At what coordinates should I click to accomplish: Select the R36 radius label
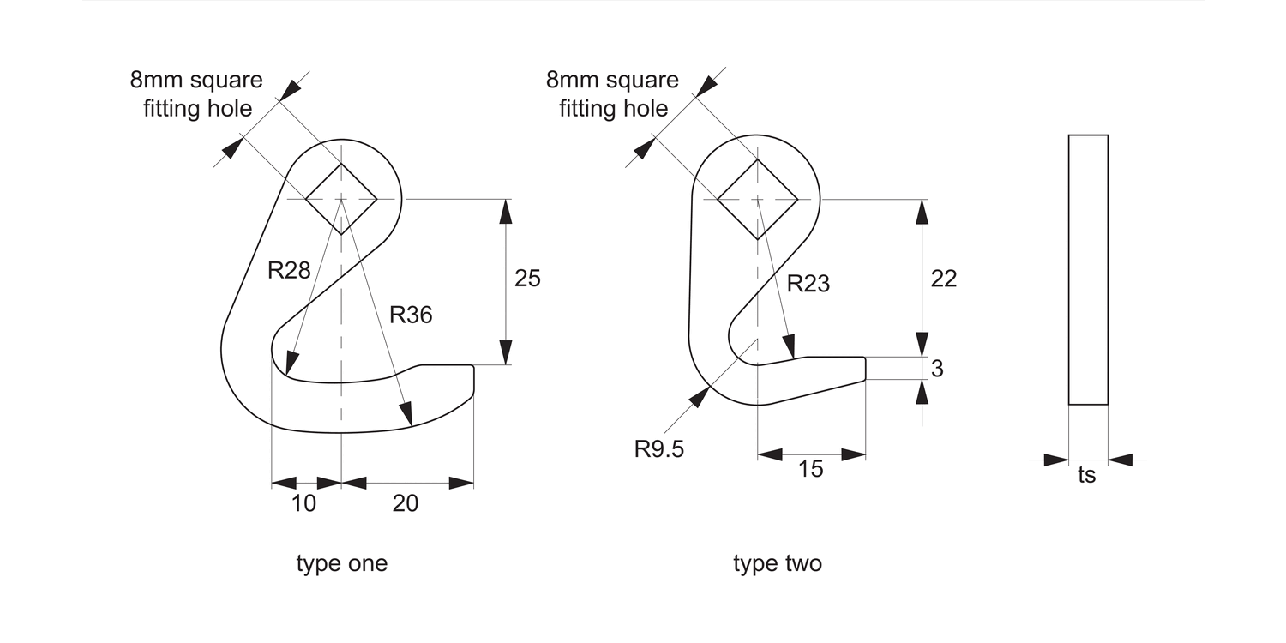click(411, 315)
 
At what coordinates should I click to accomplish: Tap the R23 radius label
click(808, 283)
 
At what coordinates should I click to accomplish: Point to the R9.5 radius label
click(659, 449)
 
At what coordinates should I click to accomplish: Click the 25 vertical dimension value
click(527, 278)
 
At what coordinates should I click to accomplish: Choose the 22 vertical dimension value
click(943, 278)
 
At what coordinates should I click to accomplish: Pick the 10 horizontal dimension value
click(303, 503)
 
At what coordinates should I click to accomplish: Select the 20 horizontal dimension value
click(406, 503)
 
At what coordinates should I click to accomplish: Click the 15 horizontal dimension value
click(810, 469)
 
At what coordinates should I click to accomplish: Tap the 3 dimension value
click(937, 369)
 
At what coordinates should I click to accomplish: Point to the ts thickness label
click(1086, 475)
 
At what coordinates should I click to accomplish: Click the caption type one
click(342, 563)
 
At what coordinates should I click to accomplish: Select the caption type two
click(778, 563)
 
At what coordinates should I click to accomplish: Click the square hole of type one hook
click(341, 199)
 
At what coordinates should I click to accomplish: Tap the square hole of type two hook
click(758, 199)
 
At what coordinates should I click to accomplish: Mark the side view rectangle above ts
click(1088, 269)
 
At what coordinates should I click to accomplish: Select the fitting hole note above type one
click(197, 94)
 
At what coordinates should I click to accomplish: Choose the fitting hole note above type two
click(613, 94)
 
